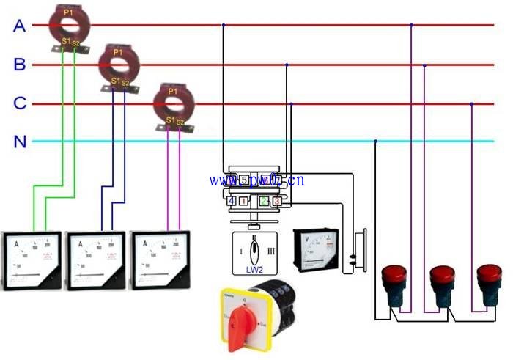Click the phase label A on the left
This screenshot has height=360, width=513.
[20, 26]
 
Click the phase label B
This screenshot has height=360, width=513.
[20, 65]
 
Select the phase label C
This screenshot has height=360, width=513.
[20, 103]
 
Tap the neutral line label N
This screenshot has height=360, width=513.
[20, 142]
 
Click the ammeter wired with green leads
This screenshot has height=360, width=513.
[32, 260]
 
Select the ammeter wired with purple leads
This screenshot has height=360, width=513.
[160, 260]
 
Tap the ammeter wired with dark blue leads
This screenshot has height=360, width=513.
[96, 260]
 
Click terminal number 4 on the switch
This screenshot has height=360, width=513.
[232, 201]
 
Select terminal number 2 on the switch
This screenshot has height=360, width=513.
[265, 201]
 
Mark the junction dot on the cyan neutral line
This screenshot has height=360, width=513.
[375, 142]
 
